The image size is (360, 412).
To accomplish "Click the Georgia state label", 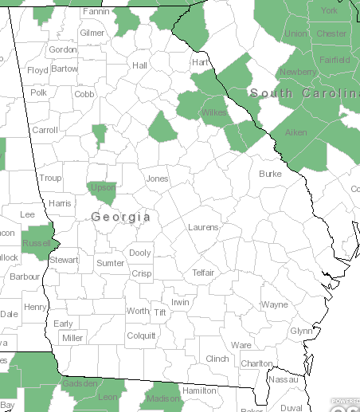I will [x=121, y=217].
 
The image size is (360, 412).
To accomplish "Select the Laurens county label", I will [x=203, y=227].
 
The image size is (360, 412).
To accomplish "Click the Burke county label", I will [x=271, y=173].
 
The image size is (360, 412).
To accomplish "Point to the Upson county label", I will [x=103, y=188].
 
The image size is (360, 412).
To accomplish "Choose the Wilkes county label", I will [x=213, y=112].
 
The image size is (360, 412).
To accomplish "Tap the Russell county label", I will [x=37, y=242].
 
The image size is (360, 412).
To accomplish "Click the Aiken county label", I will [x=295, y=131].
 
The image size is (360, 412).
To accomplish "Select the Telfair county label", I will [x=203, y=273].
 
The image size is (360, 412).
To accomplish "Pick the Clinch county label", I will [x=217, y=359].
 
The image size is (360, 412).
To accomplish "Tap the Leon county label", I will [x=107, y=397].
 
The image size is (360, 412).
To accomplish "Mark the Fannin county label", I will [x=96, y=12].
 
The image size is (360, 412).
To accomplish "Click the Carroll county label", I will [x=45, y=130].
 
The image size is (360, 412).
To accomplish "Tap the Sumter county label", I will [x=110, y=263].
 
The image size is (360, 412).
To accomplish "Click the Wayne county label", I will [x=275, y=304].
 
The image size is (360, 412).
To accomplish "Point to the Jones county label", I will [x=157, y=179].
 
